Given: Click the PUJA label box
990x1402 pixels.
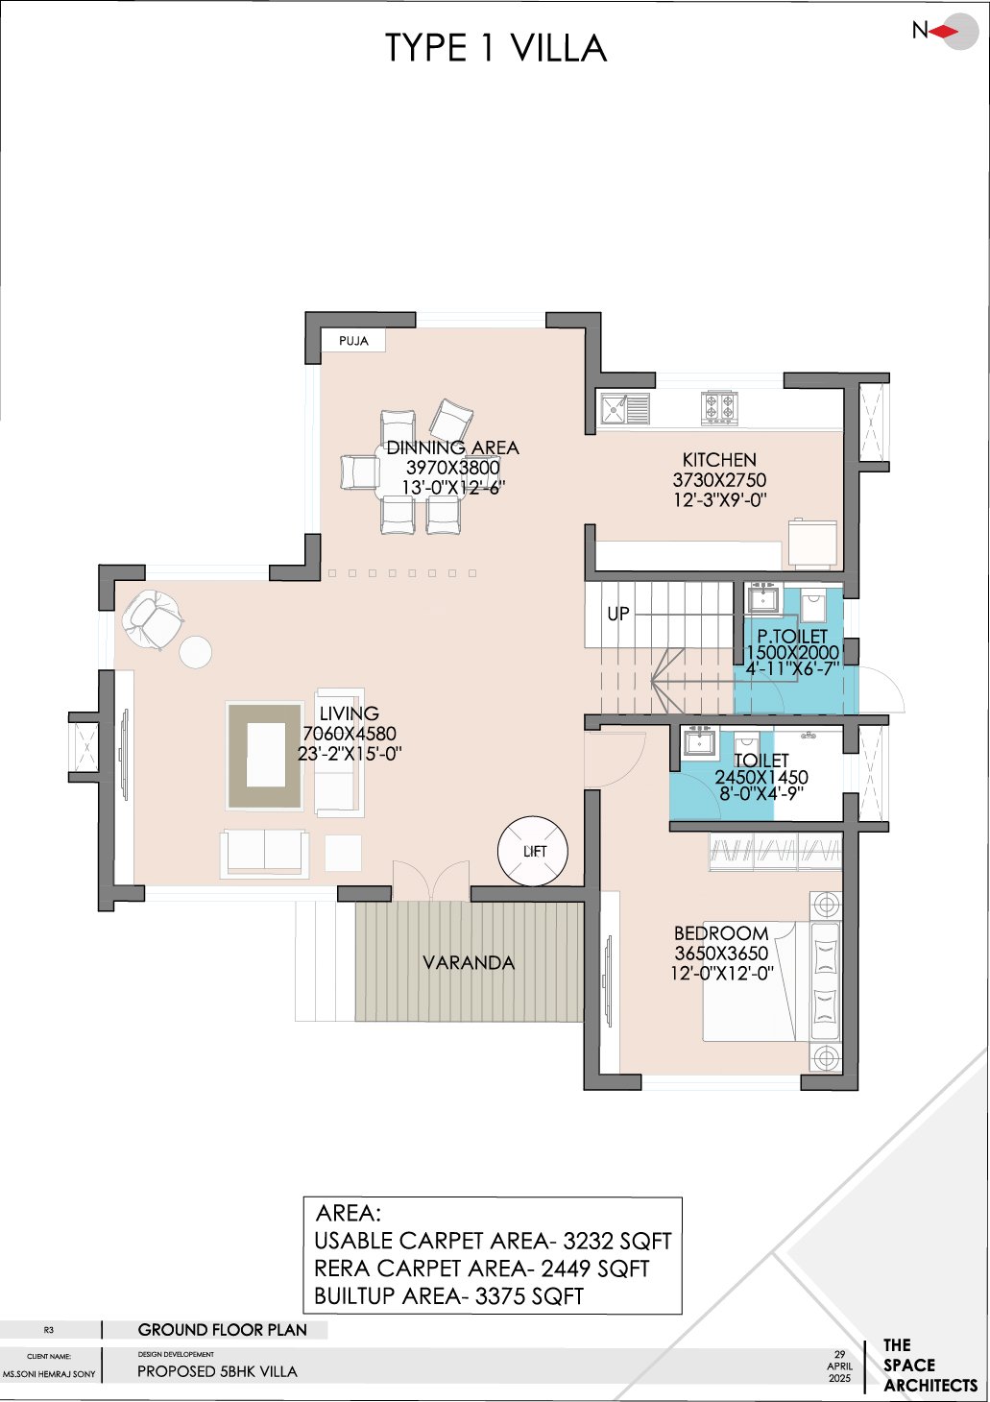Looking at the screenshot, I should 353,341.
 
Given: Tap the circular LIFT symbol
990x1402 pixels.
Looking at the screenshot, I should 533,851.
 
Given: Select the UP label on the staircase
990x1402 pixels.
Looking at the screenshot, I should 618,614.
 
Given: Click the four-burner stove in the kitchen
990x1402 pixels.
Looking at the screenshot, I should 719,408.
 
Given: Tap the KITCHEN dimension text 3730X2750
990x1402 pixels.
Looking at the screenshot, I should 719,480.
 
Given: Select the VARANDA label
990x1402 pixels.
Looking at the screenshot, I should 469,962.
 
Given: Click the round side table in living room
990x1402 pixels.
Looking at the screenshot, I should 195,652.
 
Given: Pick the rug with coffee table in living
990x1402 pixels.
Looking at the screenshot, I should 265,755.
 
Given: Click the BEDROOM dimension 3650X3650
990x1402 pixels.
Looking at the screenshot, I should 721,954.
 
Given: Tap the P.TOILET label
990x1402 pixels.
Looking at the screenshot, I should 792,636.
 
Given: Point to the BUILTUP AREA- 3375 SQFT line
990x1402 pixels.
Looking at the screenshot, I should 448,1296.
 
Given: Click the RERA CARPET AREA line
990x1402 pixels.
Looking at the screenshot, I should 481,1269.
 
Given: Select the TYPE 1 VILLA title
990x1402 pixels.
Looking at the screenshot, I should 495,48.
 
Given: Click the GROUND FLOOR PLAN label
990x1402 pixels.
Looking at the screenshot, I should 222,1330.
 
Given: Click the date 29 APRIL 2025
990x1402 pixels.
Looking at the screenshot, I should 839,1366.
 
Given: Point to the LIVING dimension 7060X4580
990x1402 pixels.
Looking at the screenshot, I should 349,734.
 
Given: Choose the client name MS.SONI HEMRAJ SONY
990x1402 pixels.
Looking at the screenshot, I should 49,1374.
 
